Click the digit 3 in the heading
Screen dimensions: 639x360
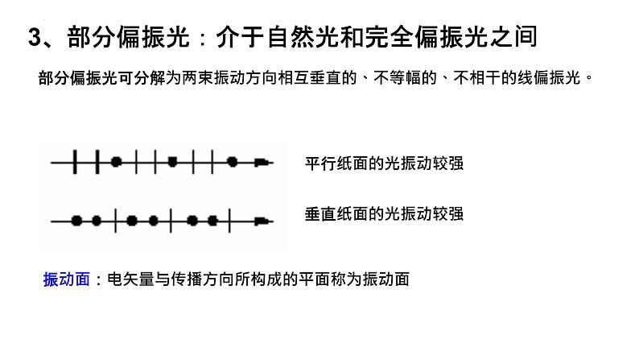point(35,37)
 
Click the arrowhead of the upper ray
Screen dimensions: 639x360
point(263,162)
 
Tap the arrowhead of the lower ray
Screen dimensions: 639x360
point(263,221)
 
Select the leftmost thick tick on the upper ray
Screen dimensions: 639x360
point(75,162)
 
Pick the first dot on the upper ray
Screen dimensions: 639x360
point(117,162)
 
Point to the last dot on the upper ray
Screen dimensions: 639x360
point(233,162)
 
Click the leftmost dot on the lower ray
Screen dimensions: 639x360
point(76,221)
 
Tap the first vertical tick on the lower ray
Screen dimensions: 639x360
point(116,221)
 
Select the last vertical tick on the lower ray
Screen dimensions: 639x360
point(230,221)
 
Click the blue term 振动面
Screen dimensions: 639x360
point(67,279)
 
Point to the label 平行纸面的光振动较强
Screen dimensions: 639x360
point(385,163)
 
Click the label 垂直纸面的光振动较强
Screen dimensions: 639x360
point(385,214)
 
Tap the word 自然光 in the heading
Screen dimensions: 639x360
point(304,37)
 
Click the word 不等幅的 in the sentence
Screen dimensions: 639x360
point(405,77)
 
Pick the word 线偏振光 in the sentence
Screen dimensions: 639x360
point(549,77)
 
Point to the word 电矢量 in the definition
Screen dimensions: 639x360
point(131,279)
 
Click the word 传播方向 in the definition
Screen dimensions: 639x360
point(202,279)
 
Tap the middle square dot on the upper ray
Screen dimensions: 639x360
point(172,162)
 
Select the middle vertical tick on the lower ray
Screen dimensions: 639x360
point(171,221)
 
